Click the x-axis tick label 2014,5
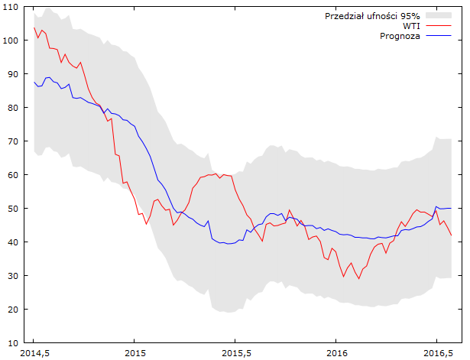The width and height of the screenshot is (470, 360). (x=34, y=355)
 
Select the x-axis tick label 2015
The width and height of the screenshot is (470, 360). (x=134, y=355)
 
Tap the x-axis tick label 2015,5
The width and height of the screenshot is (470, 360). (x=235, y=355)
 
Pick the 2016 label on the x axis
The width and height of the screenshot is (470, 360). (x=335, y=355)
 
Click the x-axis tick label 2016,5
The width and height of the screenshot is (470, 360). (x=436, y=355)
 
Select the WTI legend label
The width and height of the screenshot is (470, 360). (x=411, y=26)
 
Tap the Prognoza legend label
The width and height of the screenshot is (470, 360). (x=400, y=36)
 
